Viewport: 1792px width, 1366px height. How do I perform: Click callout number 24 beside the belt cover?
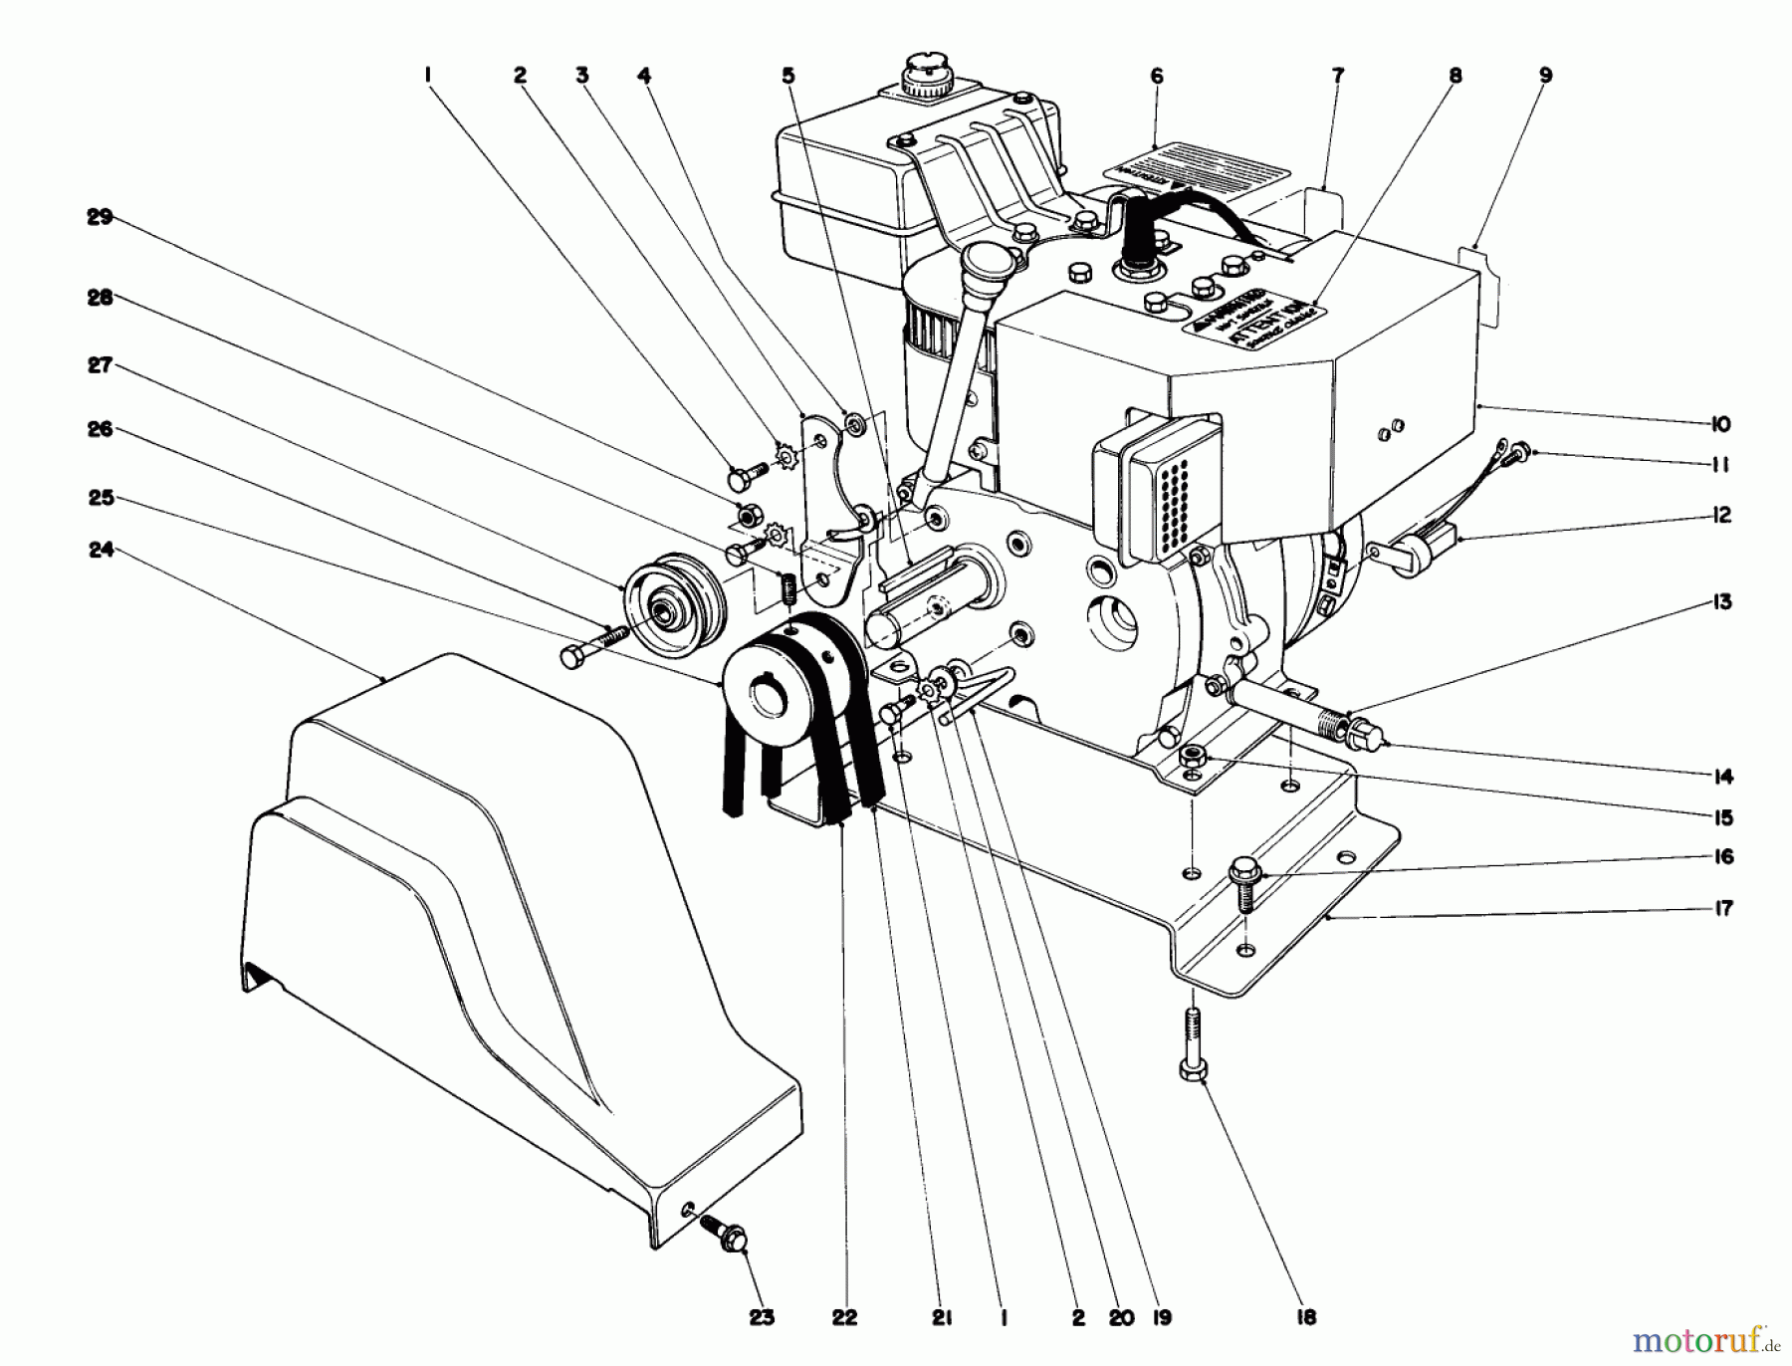pyautogui.click(x=101, y=549)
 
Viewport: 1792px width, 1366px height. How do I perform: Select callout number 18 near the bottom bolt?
pyautogui.click(x=1306, y=1317)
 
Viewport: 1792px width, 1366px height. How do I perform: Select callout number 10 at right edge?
pyautogui.click(x=1720, y=424)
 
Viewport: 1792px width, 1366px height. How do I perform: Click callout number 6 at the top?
pyautogui.click(x=1156, y=76)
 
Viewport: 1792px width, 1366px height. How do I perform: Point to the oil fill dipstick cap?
pyautogui.click(x=988, y=263)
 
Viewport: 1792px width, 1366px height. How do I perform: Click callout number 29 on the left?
pyautogui.click(x=101, y=217)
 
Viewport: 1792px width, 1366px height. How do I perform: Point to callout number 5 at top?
pyautogui.click(x=788, y=76)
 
